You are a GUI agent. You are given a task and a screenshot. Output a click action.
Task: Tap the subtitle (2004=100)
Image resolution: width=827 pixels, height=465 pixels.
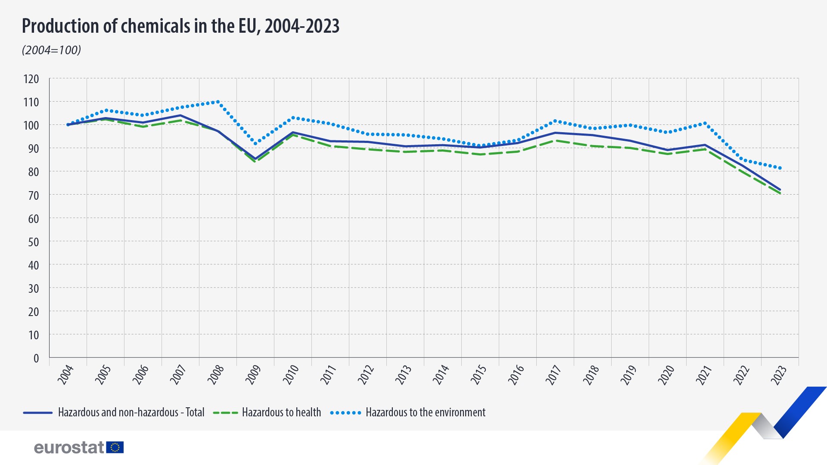(x=51, y=50)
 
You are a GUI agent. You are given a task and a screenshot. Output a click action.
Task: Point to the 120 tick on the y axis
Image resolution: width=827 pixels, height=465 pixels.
(x=31, y=79)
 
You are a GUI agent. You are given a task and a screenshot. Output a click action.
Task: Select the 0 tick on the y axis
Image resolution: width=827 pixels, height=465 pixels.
(x=36, y=358)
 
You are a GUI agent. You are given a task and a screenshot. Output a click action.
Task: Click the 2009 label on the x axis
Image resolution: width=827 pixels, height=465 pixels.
(x=253, y=374)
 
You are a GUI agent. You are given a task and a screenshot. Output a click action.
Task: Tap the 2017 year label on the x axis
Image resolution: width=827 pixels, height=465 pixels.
(x=553, y=374)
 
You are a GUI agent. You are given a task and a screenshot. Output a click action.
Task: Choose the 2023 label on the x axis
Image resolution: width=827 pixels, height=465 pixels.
(x=778, y=374)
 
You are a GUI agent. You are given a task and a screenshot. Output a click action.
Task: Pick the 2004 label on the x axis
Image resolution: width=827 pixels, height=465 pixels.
(x=65, y=374)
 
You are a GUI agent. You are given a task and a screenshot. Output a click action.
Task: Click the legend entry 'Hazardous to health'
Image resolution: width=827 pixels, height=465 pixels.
(x=267, y=412)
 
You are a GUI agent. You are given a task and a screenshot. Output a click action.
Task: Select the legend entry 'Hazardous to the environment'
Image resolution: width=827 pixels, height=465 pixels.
(x=408, y=412)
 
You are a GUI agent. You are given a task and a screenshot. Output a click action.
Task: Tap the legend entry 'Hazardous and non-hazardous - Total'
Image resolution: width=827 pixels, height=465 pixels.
(x=114, y=412)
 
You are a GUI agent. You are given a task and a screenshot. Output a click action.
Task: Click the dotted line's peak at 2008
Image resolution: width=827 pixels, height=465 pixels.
(x=218, y=102)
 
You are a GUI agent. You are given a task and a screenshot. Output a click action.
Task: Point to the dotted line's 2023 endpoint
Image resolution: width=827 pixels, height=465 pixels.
(x=780, y=168)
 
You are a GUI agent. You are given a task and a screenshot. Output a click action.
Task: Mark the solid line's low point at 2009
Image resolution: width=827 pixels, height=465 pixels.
(x=255, y=159)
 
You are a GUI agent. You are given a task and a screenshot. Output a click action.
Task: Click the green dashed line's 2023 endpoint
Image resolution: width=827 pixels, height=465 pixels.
(x=780, y=194)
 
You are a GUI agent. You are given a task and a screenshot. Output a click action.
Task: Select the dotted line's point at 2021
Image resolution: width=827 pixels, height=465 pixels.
(x=705, y=123)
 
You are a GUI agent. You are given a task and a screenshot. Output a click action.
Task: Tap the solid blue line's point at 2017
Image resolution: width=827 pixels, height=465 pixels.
(x=555, y=133)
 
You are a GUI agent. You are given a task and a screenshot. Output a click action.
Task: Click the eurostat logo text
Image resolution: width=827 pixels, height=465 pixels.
(x=69, y=447)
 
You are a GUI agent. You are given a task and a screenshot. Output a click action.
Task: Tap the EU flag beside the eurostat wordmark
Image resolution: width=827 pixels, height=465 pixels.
(x=115, y=447)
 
